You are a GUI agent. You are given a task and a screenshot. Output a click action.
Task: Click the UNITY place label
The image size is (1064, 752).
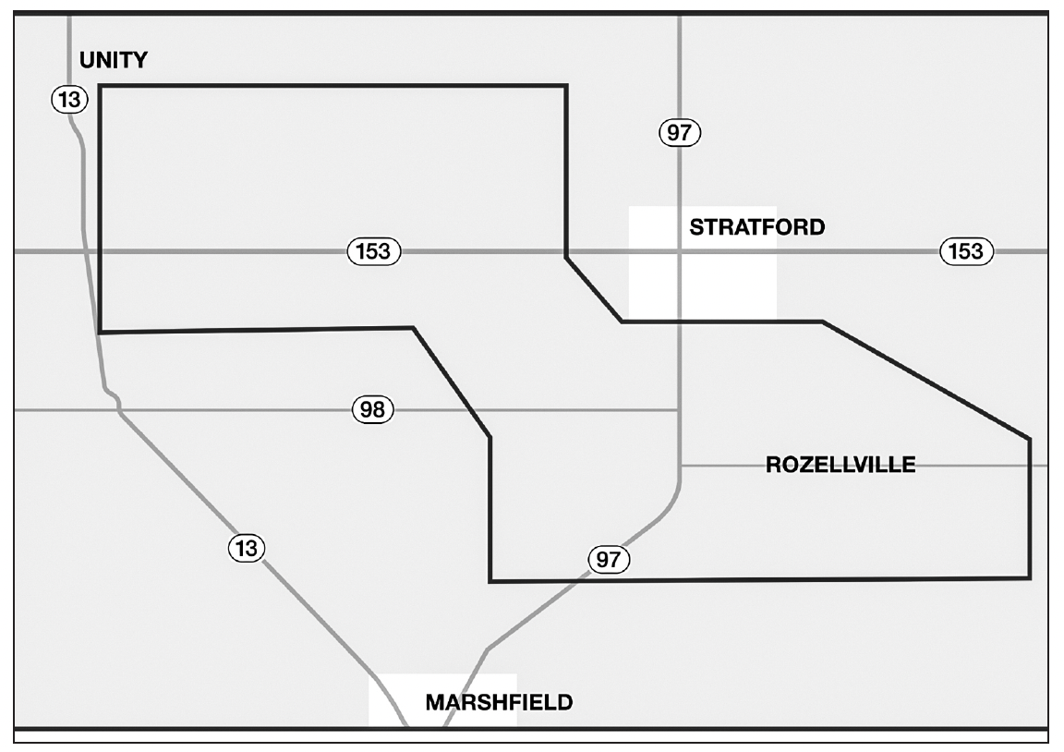click(114, 60)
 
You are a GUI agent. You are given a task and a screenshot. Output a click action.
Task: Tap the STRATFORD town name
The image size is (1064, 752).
click(757, 226)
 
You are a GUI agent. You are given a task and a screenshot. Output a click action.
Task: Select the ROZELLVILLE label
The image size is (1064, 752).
click(840, 465)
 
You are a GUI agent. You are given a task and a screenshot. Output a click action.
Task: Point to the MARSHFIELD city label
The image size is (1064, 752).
click(499, 702)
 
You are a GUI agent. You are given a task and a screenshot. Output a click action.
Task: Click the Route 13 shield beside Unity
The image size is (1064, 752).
click(70, 100)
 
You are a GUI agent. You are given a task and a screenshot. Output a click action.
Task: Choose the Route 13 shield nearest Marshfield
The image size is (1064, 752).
click(247, 548)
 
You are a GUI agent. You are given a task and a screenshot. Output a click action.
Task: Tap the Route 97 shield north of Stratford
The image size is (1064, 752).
click(680, 132)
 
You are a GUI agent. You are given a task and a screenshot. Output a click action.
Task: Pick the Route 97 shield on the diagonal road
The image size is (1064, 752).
click(609, 559)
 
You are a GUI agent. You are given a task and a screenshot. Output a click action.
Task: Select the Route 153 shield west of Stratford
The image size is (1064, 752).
click(374, 251)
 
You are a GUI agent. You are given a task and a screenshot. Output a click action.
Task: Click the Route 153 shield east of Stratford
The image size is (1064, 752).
click(966, 251)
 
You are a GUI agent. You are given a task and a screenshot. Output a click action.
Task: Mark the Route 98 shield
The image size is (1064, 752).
click(373, 410)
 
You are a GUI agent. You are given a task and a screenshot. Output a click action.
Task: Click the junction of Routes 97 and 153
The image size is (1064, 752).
click(679, 251)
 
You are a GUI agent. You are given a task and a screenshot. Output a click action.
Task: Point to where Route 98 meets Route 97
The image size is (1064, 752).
click(679, 410)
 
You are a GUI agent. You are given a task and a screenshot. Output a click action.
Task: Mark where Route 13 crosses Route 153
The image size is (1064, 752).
click(86, 251)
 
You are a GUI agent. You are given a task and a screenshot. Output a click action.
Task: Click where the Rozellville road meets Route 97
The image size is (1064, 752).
click(680, 466)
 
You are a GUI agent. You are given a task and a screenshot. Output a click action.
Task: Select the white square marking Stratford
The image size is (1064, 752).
click(702, 262)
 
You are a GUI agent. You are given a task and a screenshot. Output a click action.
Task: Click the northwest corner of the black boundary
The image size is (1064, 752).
click(101, 86)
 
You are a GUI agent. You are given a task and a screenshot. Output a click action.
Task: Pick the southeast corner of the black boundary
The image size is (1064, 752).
click(1030, 578)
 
